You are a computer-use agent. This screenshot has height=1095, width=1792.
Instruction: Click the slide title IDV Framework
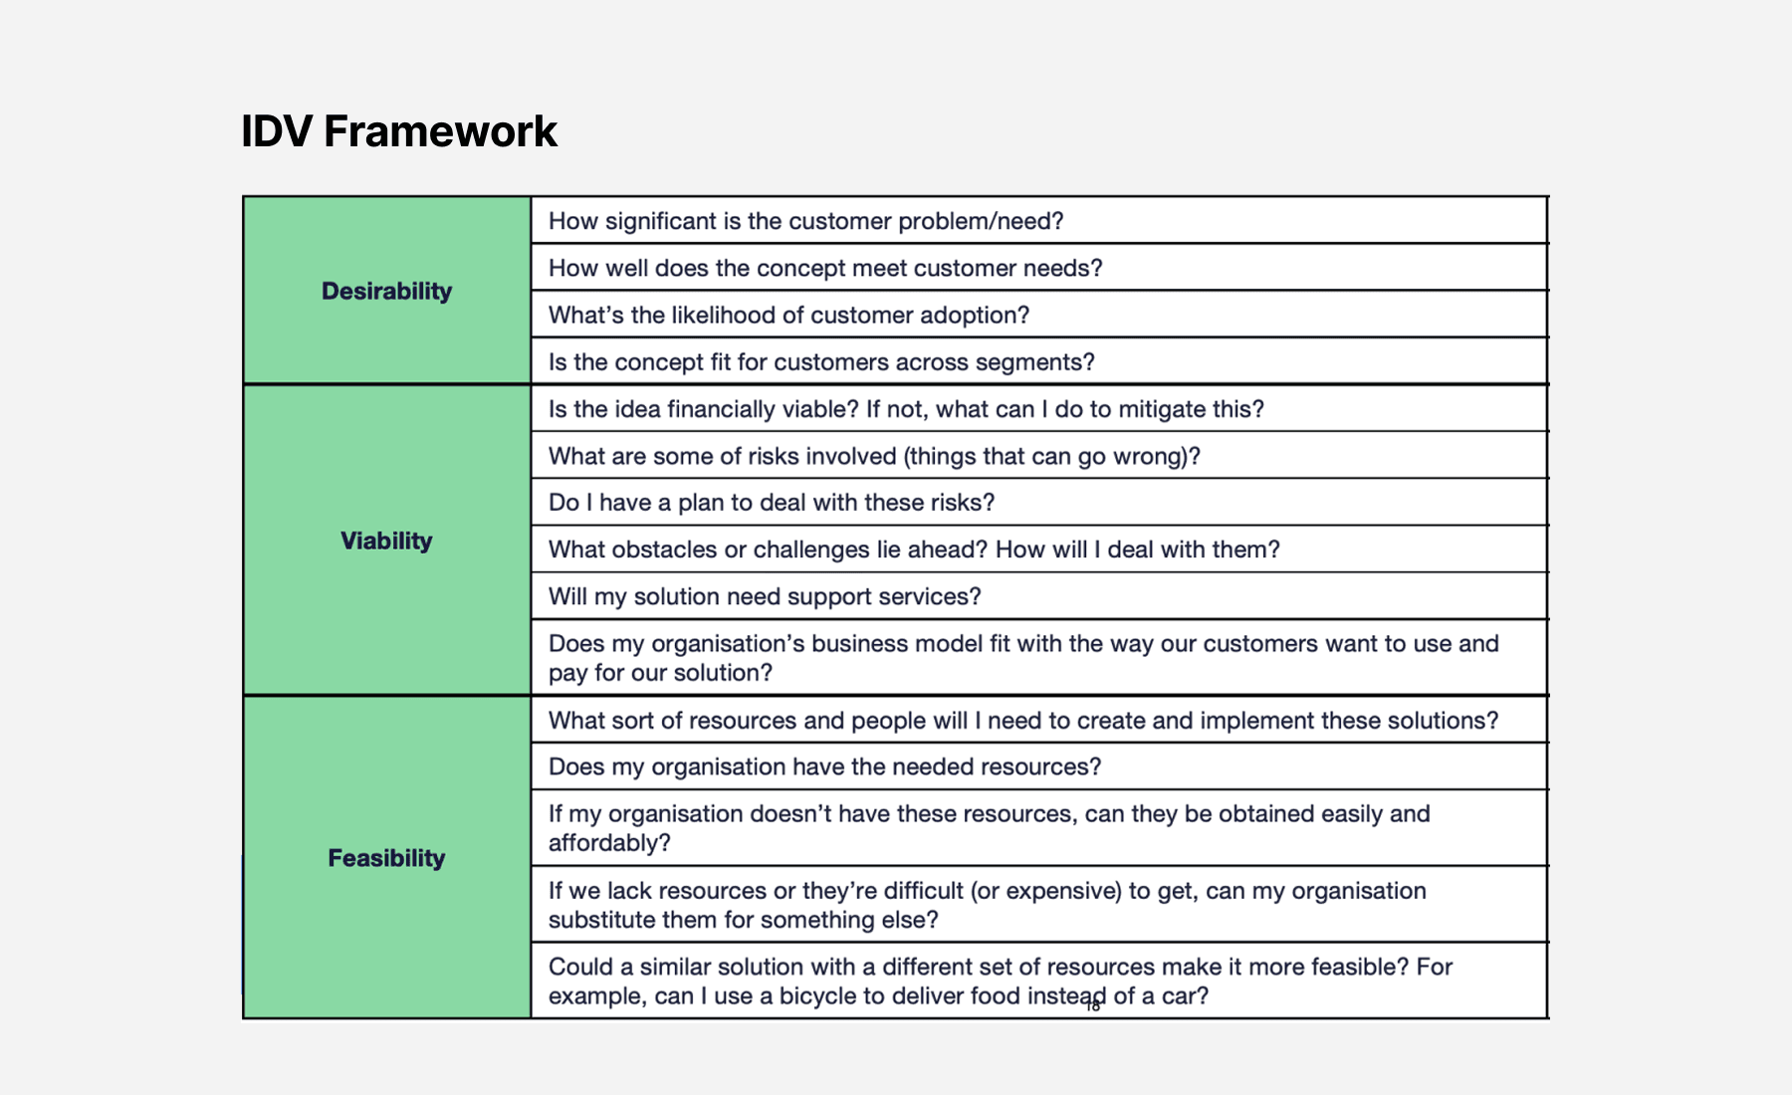[399, 131]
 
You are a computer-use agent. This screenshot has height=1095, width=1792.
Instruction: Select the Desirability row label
[386, 291]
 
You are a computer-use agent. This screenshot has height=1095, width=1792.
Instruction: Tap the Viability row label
[386, 541]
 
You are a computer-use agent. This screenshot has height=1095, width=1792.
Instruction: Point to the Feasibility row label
[386, 858]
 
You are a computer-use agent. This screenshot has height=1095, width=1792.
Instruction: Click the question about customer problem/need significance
[806, 221]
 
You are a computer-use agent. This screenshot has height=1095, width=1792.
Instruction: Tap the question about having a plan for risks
[772, 503]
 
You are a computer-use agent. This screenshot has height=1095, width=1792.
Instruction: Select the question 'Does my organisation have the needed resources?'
[824, 766]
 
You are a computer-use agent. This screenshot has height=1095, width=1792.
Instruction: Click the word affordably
[609, 843]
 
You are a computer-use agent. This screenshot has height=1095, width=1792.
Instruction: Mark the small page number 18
[1093, 1006]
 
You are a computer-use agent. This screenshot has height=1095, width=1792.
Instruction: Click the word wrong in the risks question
[1156, 456]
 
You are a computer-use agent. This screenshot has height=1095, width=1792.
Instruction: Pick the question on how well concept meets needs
[825, 269]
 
